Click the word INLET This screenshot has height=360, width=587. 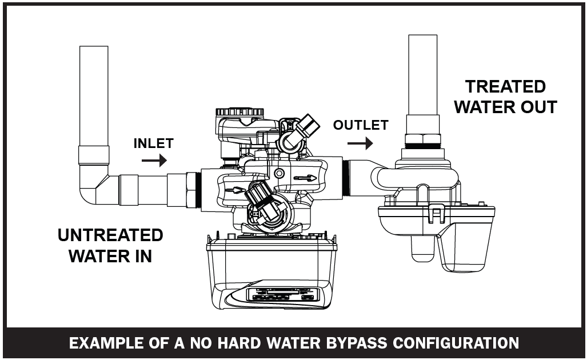(x=153, y=143)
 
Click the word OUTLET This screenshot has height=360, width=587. (x=361, y=125)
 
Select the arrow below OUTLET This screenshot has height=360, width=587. (x=361, y=145)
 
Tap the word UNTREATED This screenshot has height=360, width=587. (x=110, y=235)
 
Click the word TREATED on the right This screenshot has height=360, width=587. (x=505, y=87)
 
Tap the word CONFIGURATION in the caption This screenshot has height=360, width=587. (x=462, y=343)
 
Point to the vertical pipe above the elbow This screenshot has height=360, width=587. (x=94, y=97)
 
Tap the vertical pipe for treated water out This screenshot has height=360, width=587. (x=423, y=74)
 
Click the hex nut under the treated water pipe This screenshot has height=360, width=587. (x=423, y=139)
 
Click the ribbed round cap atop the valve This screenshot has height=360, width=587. (x=240, y=112)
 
